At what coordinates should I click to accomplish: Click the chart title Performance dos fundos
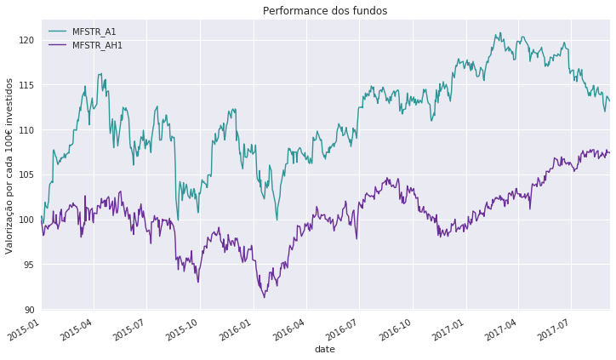324,11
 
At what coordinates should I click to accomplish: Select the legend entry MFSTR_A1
94,32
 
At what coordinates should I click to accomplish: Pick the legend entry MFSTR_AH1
97,45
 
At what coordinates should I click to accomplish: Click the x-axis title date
324,349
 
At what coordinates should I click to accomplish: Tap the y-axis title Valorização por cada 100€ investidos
10,165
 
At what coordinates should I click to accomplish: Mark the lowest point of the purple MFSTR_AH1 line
264,297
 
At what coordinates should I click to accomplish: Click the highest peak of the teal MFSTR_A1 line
499,33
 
